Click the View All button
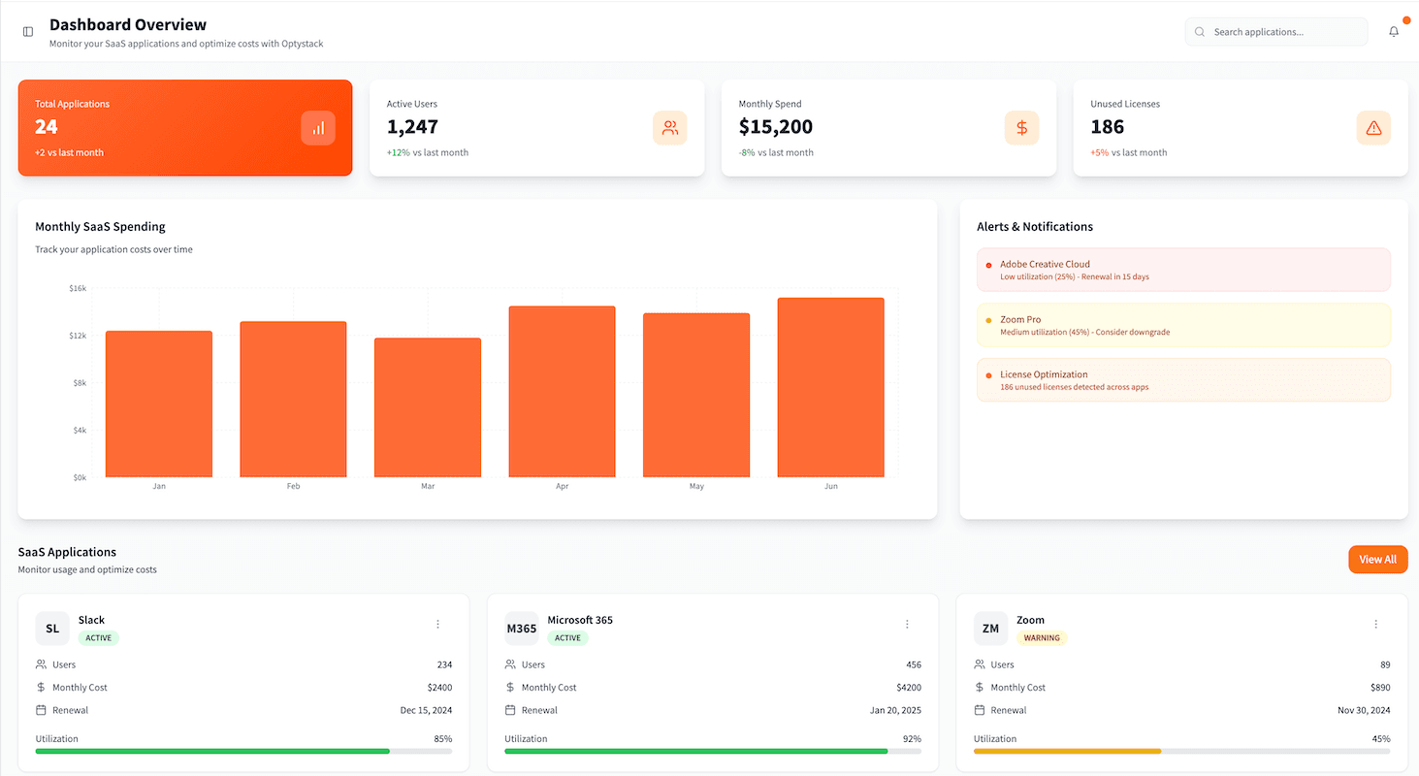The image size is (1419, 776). click(1377, 560)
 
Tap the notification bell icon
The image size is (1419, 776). click(1394, 32)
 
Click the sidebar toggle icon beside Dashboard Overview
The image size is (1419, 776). click(28, 32)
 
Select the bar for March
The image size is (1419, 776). click(428, 407)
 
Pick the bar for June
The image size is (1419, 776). click(830, 388)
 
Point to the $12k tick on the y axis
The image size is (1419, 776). click(78, 336)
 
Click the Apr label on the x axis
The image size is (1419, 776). click(562, 486)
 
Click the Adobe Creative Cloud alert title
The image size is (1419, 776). click(1045, 264)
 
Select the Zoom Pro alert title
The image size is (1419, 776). click(1020, 319)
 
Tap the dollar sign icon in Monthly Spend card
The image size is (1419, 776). click(1021, 128)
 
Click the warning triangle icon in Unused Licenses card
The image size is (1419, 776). click(1372, 128)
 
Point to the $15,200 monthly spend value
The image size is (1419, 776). click(775, 127)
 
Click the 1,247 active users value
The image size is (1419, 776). click(412, 127)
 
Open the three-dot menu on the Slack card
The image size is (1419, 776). click(437, 624)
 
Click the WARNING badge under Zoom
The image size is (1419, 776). click(1042, 638)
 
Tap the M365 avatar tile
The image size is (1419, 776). click(521, 629)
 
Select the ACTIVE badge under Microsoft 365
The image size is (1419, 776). click(567, 638)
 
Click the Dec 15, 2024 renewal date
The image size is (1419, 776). click(426, 710)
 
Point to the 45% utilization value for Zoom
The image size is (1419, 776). click(1380, 739)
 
